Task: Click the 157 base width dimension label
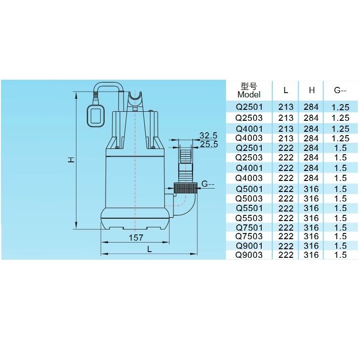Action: point(136,237)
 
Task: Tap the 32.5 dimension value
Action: point(208,136)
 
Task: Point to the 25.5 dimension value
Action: point(209,144)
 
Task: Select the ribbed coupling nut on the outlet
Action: point(185,188)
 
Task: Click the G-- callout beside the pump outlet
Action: point(208,184)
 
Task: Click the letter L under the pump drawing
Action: point(149,249)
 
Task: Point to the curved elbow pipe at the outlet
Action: point(185,205)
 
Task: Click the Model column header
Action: point(249,95)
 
